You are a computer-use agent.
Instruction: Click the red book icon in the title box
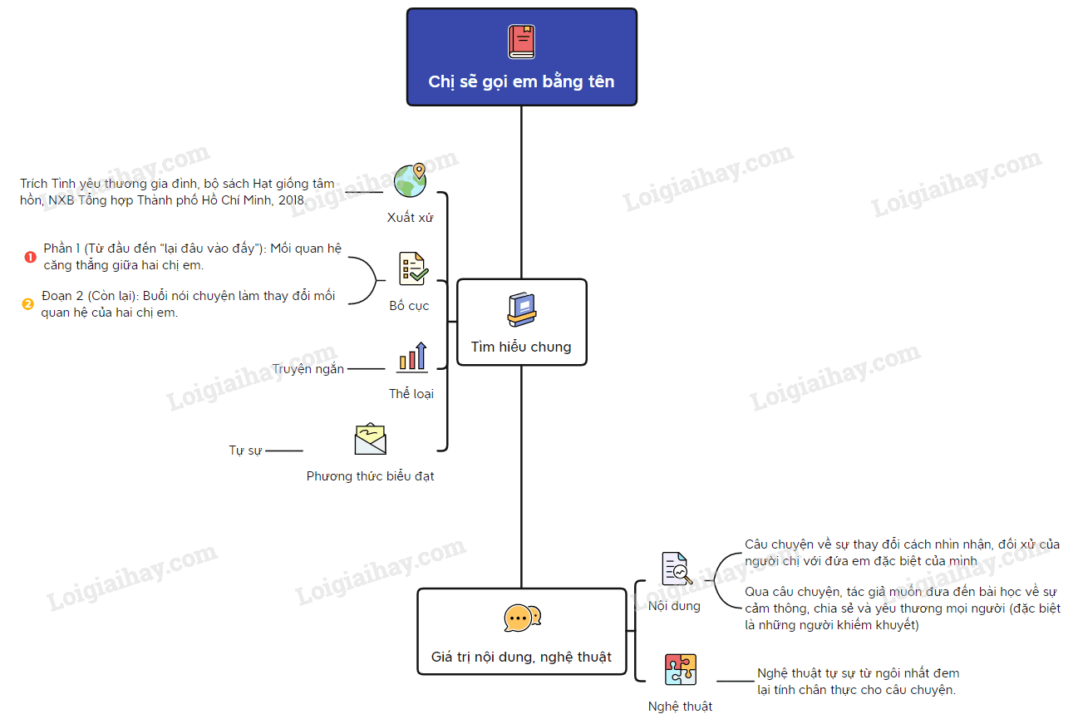521,42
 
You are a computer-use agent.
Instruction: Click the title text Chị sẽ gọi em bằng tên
521,81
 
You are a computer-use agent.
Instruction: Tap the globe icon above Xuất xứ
411,180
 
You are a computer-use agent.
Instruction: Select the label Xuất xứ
411,218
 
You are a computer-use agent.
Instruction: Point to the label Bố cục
409,306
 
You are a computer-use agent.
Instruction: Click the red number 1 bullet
30,257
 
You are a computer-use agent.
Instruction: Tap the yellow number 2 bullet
27,304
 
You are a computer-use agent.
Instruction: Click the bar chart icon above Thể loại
412,357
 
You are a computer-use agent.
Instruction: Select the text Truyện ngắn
308,369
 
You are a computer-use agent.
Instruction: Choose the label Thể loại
411,394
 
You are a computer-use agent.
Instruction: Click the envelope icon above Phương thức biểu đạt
371,440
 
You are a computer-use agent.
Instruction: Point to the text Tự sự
245,451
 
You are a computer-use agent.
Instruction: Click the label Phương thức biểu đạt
370,476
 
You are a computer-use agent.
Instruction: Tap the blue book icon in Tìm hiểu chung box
521,309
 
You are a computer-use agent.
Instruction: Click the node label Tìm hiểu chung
521,347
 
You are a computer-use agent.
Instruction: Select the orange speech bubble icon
522,618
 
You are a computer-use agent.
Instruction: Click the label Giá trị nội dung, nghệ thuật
521,657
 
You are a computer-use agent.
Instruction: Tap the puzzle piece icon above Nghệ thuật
680,669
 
